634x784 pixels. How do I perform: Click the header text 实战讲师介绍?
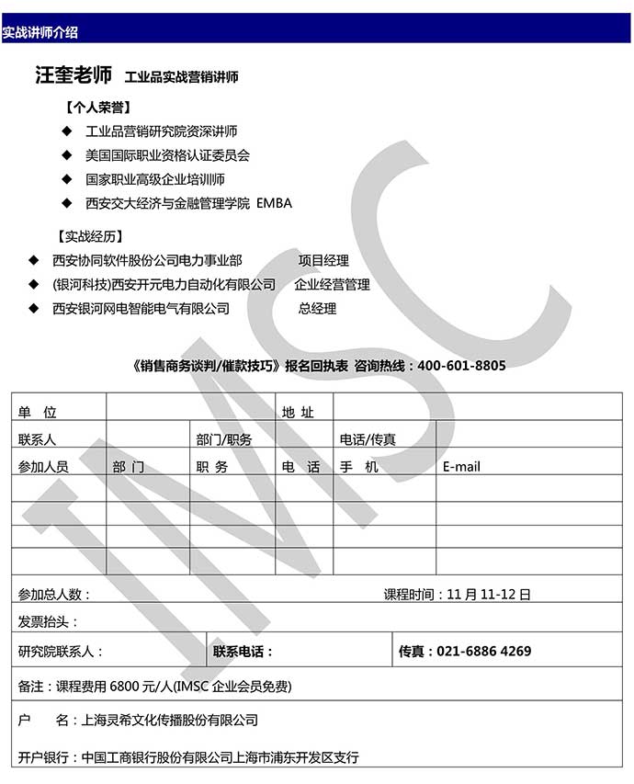pos(40,32)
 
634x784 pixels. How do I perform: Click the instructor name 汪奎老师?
pos(74,75)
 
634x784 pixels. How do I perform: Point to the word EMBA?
pos(275,203)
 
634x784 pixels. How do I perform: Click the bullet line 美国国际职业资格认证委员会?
pos(167,155)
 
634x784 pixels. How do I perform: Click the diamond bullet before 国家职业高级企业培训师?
pos(66,179)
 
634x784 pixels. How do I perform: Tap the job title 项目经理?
pos(323,261)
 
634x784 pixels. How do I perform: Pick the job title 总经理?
pos(317,309)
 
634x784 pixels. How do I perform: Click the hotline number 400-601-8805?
pos(461,365)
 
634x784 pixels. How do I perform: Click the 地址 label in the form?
pos(298,413)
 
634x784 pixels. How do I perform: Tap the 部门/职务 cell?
pos(223,439)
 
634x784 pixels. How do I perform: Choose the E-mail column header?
pos(461,467)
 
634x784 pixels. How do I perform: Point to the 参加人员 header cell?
pos(43,467)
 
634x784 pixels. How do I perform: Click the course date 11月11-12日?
pos(489,595)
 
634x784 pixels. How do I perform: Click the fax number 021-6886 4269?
pos(483,652)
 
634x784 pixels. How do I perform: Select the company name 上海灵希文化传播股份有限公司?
pos(170,720)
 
